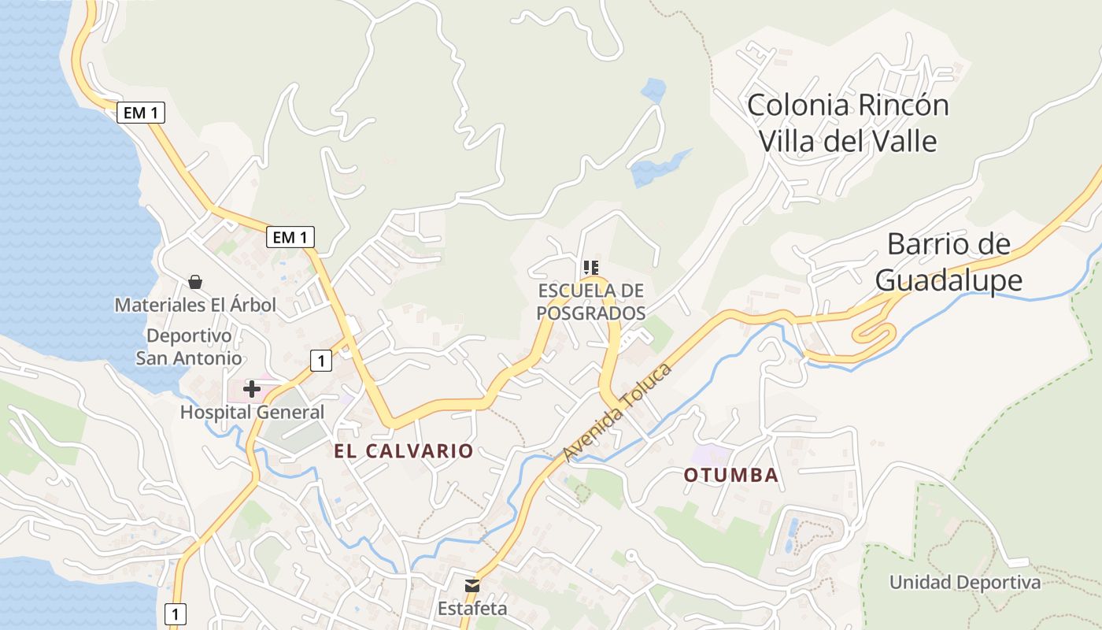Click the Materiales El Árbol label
[x=195, y=305]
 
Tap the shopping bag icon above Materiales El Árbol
[x=195, y=282]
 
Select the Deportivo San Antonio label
[x=189, y=347]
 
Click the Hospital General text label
[x=252, y=412]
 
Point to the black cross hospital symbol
[x=252, y=388]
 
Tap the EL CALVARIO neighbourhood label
[x=403, y=451]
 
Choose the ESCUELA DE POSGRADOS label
[x=590, y=302]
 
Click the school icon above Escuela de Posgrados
[x=591, y=267]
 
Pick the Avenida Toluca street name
[x=618, y=413]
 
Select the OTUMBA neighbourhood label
[x=731, y=475]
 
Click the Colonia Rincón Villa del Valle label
[x=848, y=123]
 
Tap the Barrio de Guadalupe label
[x=949, y=262]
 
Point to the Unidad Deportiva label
[x=964, y=583]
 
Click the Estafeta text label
[x=472, y=609]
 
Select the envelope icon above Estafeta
[x=472, y=586]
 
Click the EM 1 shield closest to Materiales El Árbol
[x=290, y=236]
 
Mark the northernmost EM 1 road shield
[x=141, y=113]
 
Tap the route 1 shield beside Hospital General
[x=320, y=361]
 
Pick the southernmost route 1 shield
[x=176, y=613]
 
